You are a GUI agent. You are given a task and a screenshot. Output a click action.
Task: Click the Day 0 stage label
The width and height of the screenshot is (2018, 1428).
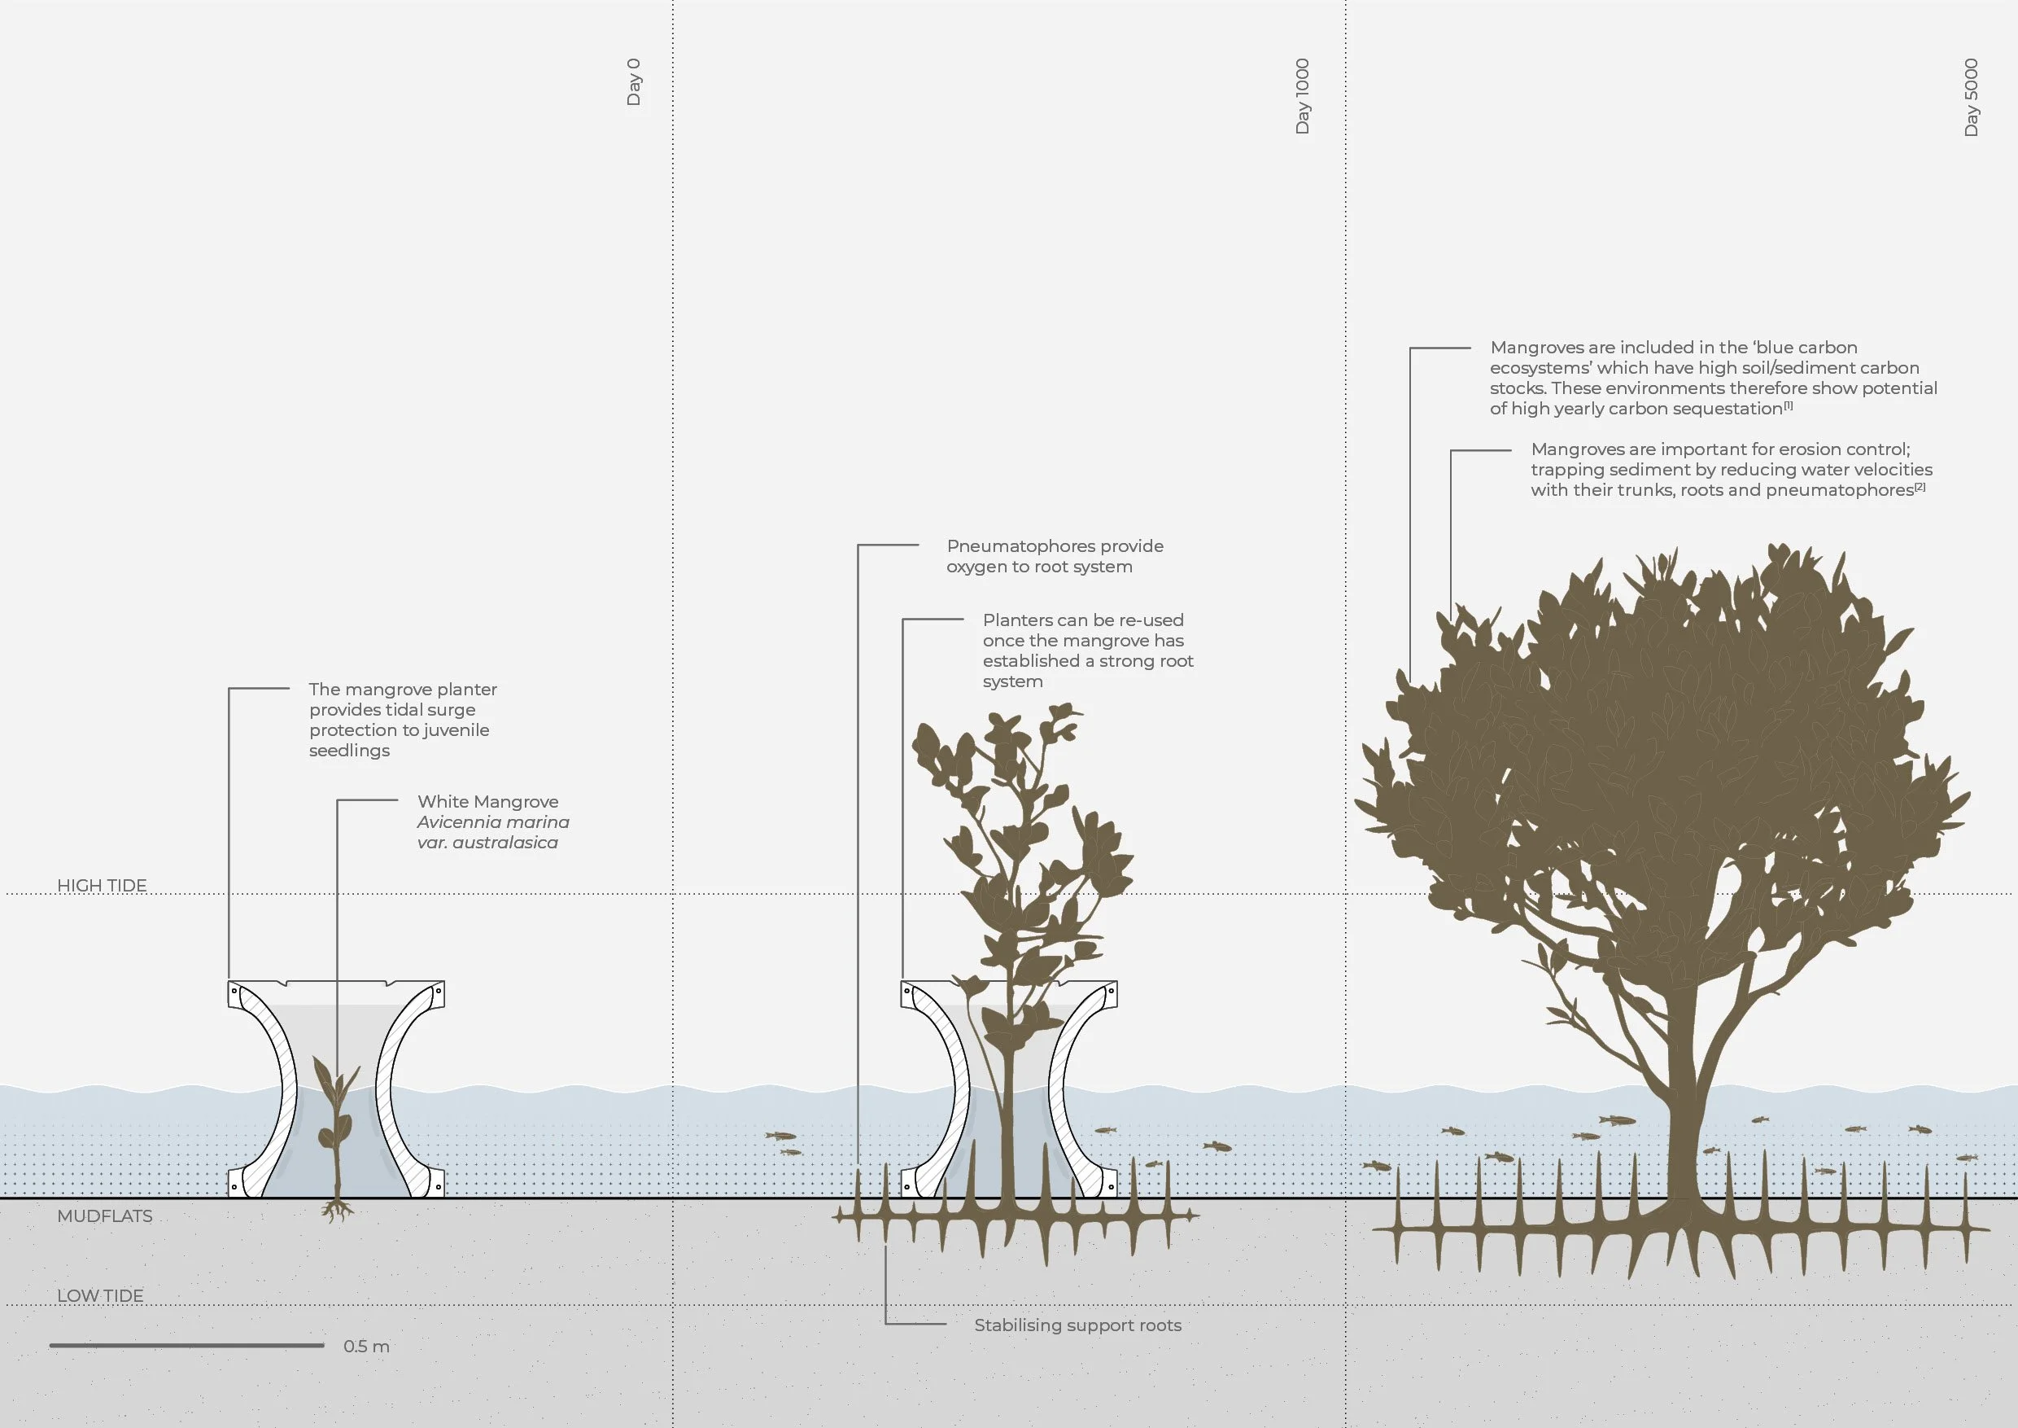pyautogui.click(x=634, y=83)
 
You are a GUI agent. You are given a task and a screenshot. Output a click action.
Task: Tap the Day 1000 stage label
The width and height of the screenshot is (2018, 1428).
pyautogui.click(x=1303, y=97)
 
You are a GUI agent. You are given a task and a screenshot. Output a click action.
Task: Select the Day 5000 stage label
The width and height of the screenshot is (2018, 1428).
pyautogui.click(x=1972, y=98)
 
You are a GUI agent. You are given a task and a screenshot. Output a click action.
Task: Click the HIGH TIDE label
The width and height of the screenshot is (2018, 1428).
pyautogui.click(x=102, y=886)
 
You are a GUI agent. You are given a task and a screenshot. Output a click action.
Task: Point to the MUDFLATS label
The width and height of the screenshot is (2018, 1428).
pyautogui.click(x=105, y=1216)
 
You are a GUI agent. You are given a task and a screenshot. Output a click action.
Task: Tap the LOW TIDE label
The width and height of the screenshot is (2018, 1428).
pyautogui.click(x=100, y=1295)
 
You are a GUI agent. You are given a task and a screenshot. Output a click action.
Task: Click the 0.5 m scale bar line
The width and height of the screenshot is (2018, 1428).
pyautogui.click(x=186, y=1345)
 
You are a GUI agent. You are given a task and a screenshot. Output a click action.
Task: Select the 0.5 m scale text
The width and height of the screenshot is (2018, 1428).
pyautogui.click(x=365, y=1347)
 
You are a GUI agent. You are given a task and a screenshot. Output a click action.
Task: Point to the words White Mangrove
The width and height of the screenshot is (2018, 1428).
pyautogui.click(x=487, y=802)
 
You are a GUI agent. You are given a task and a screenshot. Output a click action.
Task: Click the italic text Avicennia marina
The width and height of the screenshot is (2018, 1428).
pyautogui.click(x=493, y=822)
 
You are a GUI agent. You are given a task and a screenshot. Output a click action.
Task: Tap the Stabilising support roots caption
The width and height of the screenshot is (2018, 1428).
pyautogui.click(x=1077, y=1325)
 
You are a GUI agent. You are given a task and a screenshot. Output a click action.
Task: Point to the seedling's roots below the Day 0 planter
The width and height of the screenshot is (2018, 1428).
pyautogui.click(x=337, y=1211)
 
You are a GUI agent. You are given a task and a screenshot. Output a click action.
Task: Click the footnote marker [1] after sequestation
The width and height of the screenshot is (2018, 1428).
pyautogui.click(x=1788, y=405)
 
